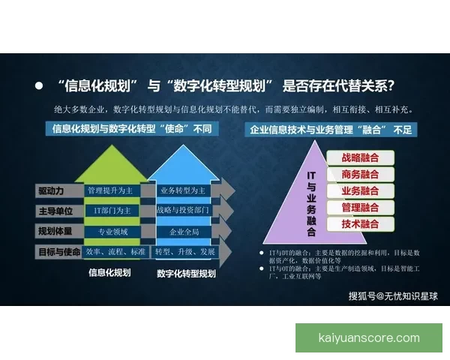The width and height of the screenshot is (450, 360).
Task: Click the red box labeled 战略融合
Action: click(360, 158)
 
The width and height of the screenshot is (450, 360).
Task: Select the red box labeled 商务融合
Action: click(360, 175)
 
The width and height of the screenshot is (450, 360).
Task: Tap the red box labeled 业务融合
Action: click(360, 191)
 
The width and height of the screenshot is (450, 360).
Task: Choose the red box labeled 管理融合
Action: click(360, 208)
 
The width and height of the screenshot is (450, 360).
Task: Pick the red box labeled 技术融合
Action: click(360, 224)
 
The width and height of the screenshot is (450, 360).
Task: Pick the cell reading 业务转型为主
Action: click(183, 190)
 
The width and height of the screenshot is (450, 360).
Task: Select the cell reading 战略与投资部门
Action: click(183, 211)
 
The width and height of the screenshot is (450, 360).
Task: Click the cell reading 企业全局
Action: click(183, 231)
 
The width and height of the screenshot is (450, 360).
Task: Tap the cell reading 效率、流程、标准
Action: click(115, 251)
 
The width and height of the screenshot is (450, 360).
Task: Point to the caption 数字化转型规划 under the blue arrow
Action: click(186, 274)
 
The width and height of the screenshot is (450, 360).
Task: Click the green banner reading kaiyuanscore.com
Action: click(369, 337)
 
